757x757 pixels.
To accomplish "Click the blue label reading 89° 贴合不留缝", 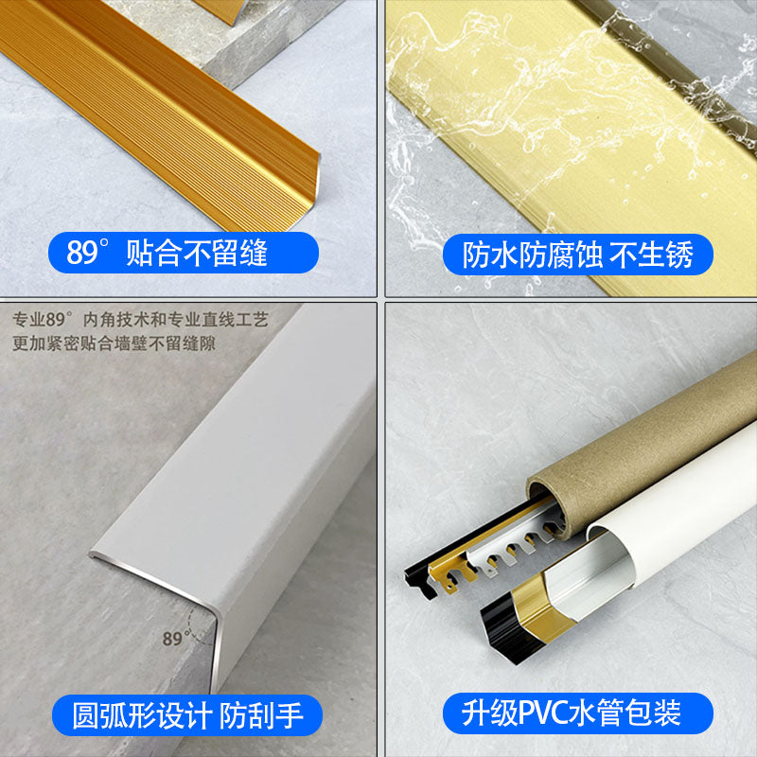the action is pos(184,253).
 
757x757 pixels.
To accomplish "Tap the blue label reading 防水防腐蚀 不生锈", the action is pos(578,255).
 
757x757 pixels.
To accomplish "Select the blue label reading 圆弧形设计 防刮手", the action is pos(187,715).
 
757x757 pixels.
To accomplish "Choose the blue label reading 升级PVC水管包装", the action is pos(578,713).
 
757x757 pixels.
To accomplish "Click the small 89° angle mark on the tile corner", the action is pos(175,638).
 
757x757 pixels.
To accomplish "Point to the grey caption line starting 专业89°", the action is pos(140,319).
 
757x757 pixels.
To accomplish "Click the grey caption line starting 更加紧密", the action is pos(114,343).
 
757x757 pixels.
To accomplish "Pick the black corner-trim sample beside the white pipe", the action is pos(507,627).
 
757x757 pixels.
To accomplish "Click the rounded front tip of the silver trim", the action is pos(93,555).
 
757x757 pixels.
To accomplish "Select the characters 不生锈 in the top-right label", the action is pos(651,255).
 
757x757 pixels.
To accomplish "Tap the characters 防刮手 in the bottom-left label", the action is pos(261,715).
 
